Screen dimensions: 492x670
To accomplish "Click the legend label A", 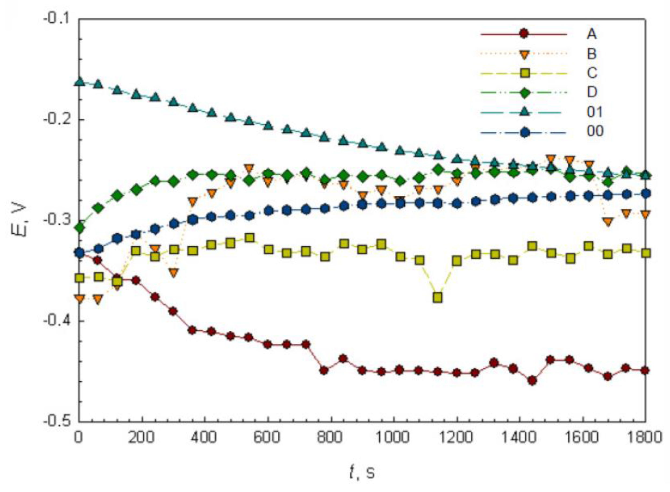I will [x=592, y=34].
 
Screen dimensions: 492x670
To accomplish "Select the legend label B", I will [x=592, y=54].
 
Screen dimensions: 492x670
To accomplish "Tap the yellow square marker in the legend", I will [x=525, y=73].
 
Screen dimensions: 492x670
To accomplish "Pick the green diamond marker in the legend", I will [x=525, y=93].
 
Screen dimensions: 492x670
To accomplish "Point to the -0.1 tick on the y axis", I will [x=56, y=19].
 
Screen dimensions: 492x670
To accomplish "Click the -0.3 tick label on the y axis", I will [x=56, y=220].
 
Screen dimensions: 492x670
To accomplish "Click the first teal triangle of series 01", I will [x=79, y=82].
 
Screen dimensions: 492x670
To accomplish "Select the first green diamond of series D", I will [x=79, y=228].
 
